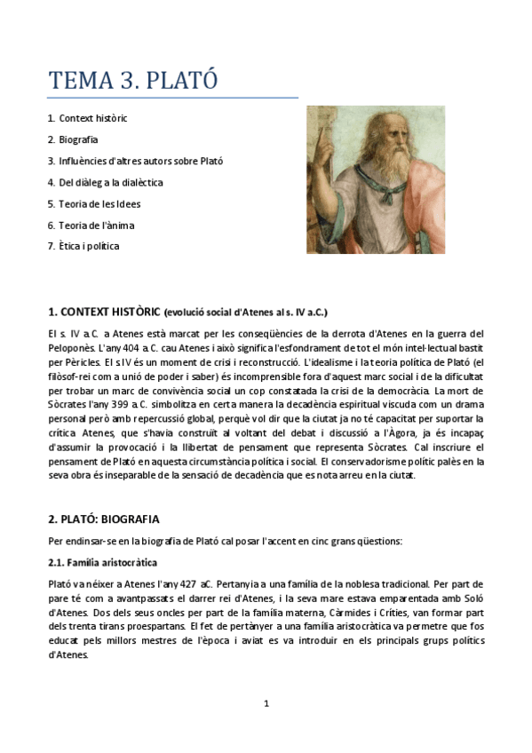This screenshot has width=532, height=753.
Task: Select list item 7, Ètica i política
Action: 88,246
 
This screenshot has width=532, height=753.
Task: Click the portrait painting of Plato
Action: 376,180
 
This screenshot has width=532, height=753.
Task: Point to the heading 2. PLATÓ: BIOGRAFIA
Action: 104,519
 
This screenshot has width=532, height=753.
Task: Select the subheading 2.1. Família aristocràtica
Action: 102,563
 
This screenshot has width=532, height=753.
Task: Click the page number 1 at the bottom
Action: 266,703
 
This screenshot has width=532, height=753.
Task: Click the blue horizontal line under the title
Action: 173,98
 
